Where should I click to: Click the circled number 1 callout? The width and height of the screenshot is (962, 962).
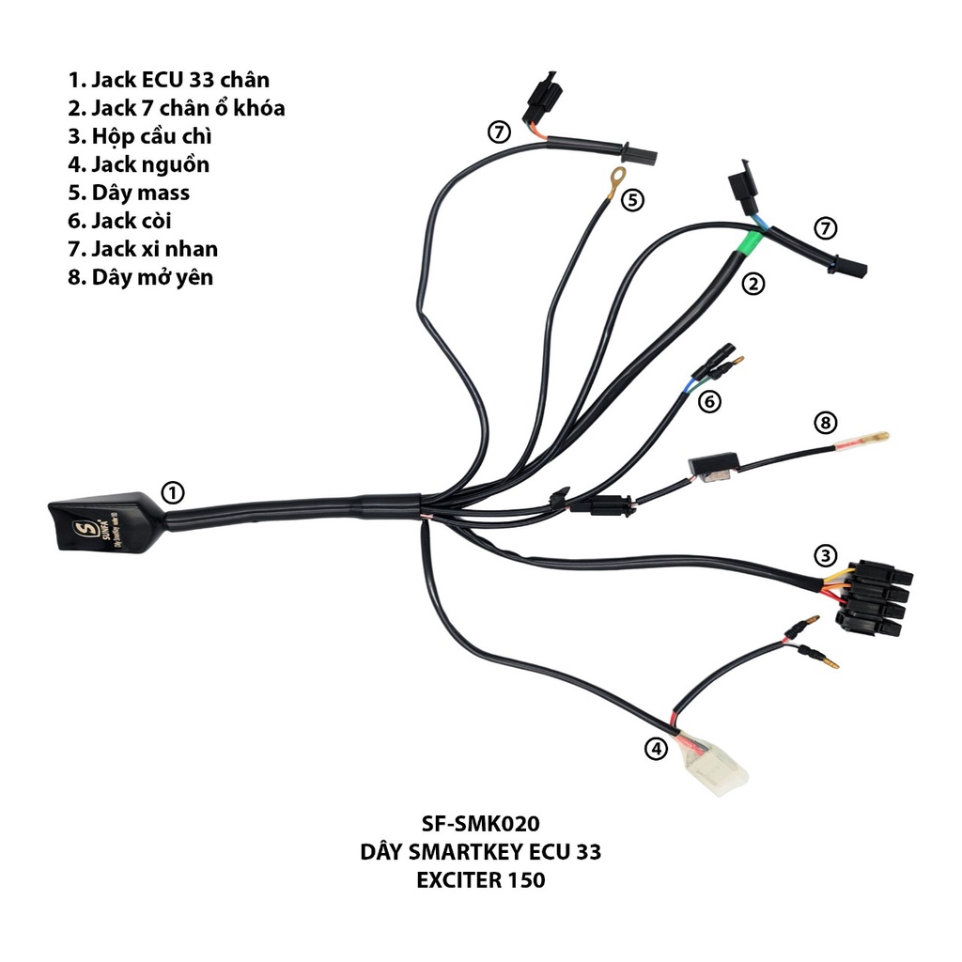(x=172, y=491)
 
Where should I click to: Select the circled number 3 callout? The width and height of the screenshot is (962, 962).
(x=825, y=555)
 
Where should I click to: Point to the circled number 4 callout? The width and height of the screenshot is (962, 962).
(x=655, y=749)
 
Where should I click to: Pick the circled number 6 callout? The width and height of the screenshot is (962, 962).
(x=709, y=401)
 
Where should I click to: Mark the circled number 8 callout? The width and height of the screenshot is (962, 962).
(x=825, y=423)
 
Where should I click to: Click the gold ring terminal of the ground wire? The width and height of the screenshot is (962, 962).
(x=615, y=176)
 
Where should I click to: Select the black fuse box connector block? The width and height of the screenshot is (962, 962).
(x=876, y=597)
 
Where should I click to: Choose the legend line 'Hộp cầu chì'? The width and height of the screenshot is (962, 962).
(x=146, y=136)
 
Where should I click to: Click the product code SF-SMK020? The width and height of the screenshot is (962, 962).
(x=480, y=825)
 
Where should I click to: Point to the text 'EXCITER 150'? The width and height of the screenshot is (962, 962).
(x=480, y=881)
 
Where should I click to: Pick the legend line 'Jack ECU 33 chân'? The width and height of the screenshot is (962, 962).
(x=168, y=80)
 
